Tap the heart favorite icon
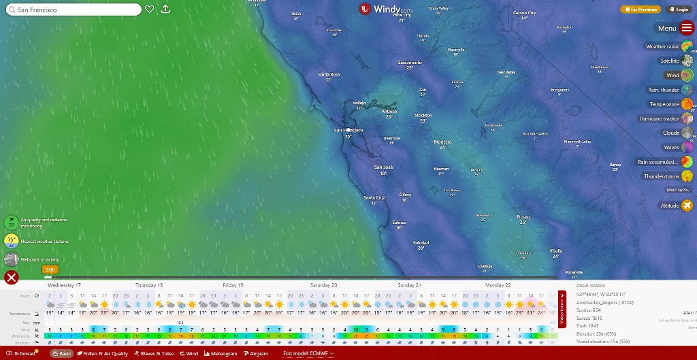pyautogui.click(x=150, y=10)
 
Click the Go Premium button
pyautogui.click(x=640, y=10)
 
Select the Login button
pyautogui.click(x=679, y=10)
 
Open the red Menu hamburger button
pyautogui.click(x=687, y=28)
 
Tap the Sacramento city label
pyautogui.click(x=410, y=63)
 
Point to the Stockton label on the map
pyautogui.click(x=423, y=116)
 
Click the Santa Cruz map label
pyautogui.click(x=374, y=198)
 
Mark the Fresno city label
pyautogui.click(x=523, y=217)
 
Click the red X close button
pyautogui.click(x=11, y=277)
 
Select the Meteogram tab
pyautogui.click(x=221, y=354)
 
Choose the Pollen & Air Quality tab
pyautogui.click(x=102, y=354)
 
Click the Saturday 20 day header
pyautogui.click(x=324, y=285)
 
